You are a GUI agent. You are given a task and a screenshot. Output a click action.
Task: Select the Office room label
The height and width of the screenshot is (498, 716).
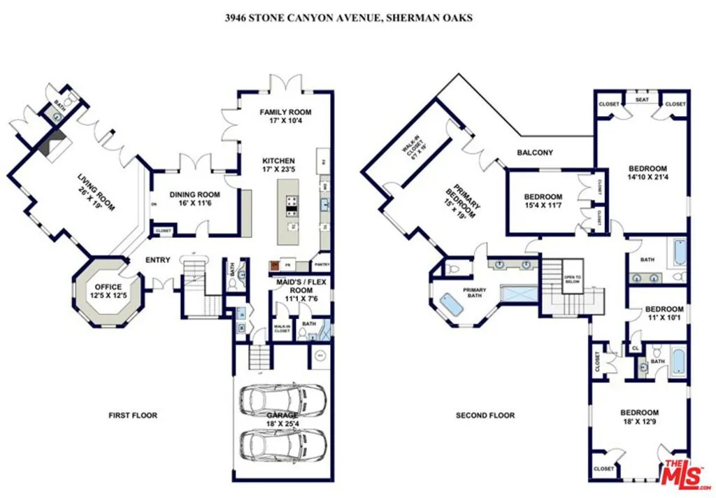click(108, 291)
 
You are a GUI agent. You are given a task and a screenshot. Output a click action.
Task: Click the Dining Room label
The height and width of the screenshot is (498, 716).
click(196, 199)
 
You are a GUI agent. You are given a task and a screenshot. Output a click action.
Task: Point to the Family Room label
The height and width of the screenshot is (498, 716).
click(285, 116)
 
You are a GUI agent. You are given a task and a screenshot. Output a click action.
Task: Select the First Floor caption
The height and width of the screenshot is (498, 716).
click(133, 415)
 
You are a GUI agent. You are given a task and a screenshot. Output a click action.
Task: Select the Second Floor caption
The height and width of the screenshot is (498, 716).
click(485, 415)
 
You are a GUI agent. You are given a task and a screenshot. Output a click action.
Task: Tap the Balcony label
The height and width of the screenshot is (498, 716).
click(535, 152)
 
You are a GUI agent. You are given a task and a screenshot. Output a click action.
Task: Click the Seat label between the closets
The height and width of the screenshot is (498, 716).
click(642, 99)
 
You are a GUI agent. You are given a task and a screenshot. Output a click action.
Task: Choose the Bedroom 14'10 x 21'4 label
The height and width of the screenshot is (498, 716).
click(647, 173)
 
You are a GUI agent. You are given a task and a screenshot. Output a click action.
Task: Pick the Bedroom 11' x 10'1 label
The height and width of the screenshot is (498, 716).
click(664, 313)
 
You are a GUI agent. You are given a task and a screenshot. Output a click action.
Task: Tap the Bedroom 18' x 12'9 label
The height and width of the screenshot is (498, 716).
click(640, 417)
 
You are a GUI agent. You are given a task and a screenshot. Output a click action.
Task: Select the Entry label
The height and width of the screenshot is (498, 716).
click(158, 260)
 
